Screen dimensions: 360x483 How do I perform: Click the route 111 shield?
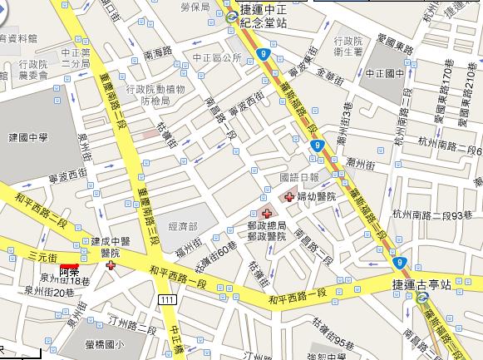coord(170,298)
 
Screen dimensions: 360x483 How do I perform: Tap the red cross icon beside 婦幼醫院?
coord(289,197)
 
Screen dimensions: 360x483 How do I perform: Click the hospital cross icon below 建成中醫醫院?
coord(111,265)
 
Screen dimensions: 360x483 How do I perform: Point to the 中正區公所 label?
coord(216,58)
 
